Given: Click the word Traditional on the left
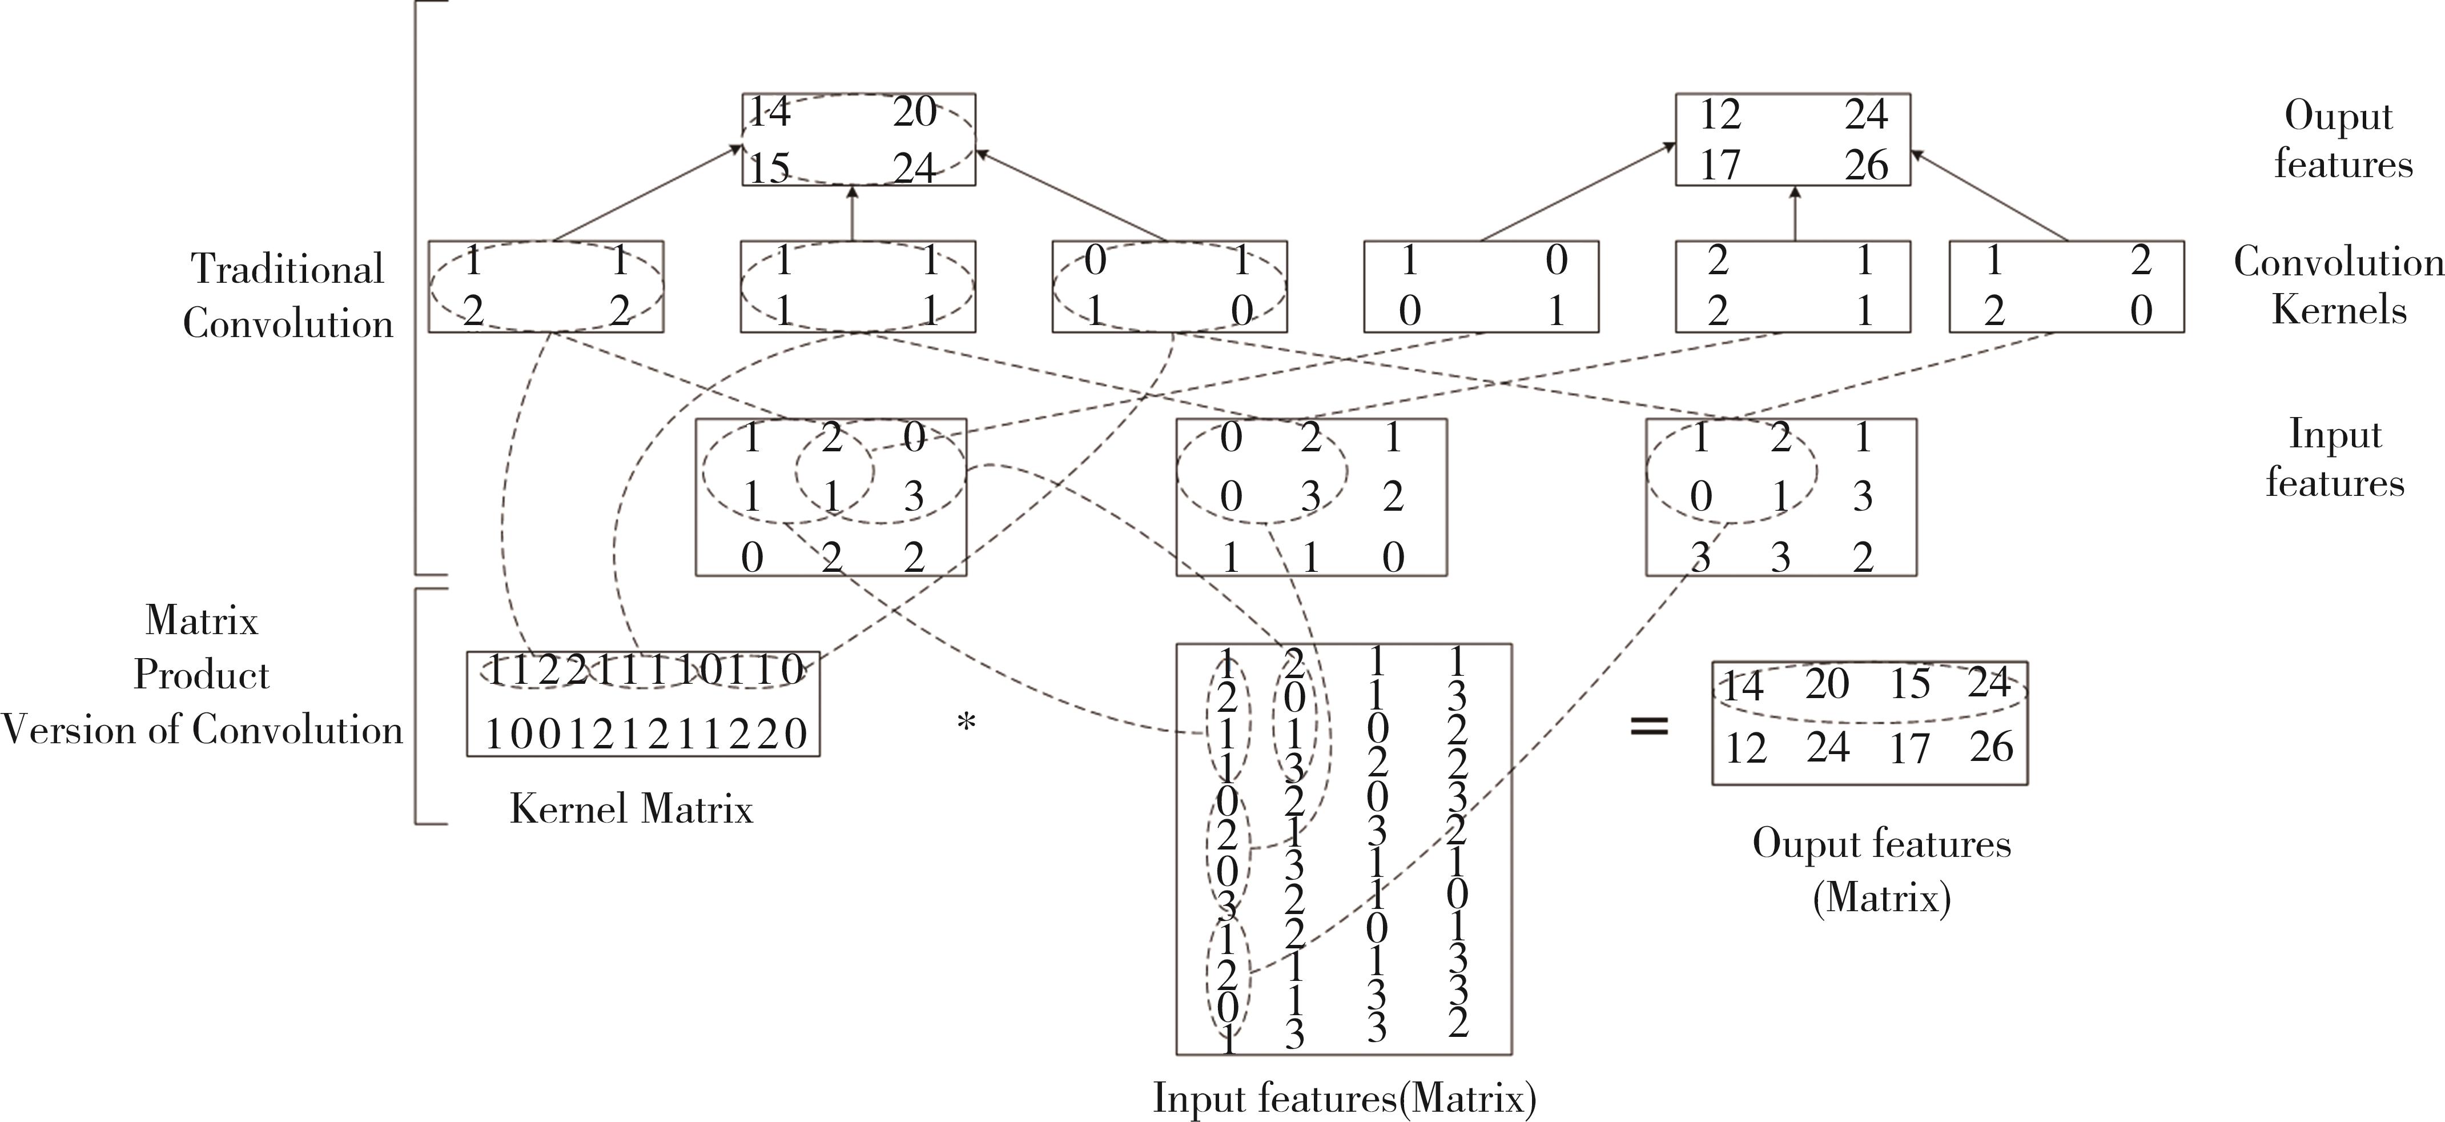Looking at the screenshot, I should [x=288, y=269].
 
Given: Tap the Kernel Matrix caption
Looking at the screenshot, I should [x=631, y=809].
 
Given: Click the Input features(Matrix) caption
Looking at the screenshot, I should [x=1344, y=1097].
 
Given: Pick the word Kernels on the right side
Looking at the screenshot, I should [x=2339, y=310].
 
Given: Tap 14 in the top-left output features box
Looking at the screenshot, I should [x=770, y=112].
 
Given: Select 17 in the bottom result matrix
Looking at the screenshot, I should [x=1909, y=748].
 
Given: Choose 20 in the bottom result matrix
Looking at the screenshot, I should [x=1826, y=683].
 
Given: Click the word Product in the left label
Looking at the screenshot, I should [x=201, y=675].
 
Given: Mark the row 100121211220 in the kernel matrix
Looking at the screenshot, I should [x=645, y=734].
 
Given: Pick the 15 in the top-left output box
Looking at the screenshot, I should [x=770, y=168].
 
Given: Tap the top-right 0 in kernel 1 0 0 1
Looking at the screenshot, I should [x=1555, y=260].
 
